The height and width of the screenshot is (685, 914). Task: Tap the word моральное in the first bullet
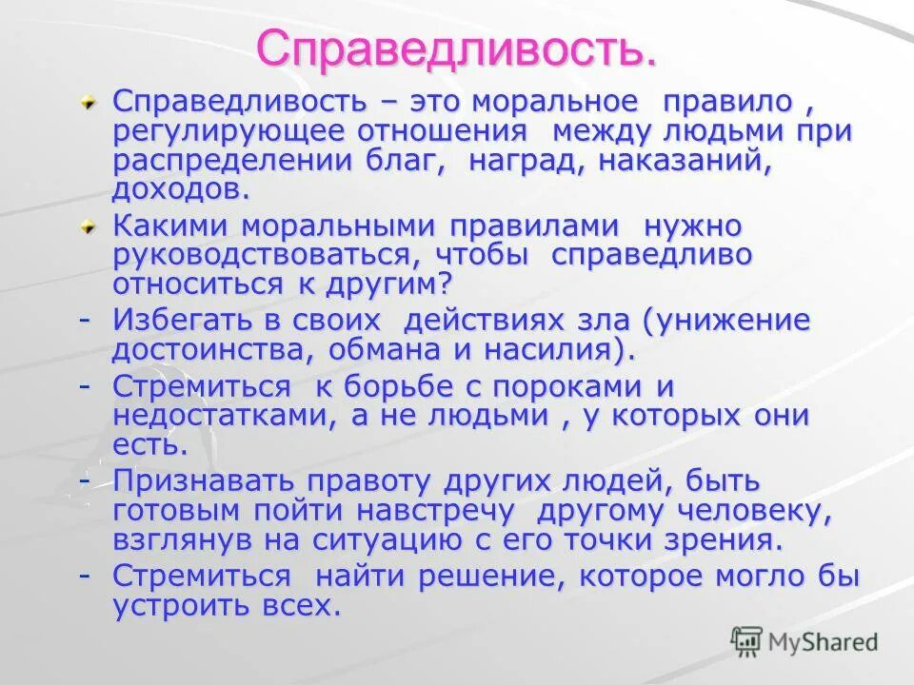(556, 102)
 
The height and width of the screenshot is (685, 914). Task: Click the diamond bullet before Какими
(88, 228)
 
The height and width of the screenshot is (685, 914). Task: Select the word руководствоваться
(268, 256)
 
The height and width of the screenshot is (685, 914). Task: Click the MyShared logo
(805, 641)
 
